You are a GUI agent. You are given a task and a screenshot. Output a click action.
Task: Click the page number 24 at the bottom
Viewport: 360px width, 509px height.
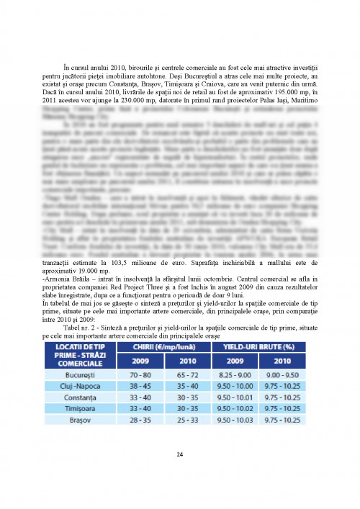pyautogui.click(x=180, y=454)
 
